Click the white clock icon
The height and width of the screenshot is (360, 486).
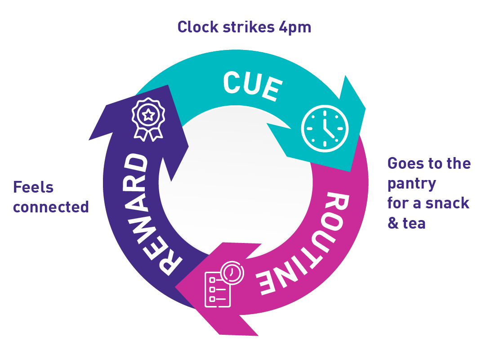tap(325, 128)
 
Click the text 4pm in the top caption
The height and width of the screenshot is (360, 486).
tap(295, 27)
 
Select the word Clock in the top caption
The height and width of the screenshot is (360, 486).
tap(198, 27)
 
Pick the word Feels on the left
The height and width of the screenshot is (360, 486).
tap(33, 187)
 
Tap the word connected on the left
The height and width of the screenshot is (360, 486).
tap(51, 207)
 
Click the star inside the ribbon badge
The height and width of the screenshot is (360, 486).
tap(147, 114)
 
